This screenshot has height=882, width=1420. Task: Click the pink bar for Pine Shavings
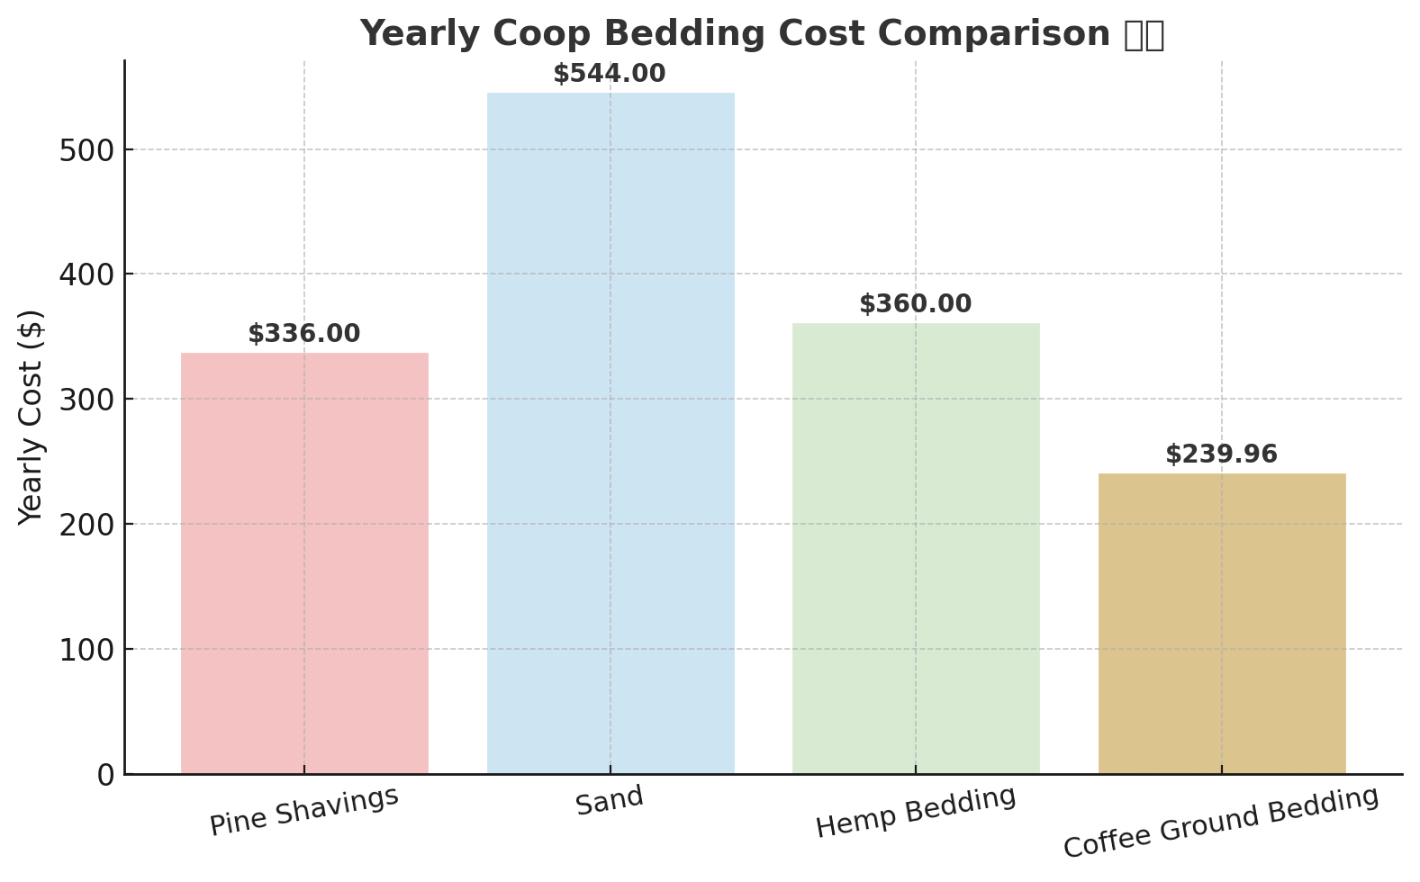[304, 562]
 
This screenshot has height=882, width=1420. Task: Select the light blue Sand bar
[611, 433]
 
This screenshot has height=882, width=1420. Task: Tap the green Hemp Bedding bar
[916, 548]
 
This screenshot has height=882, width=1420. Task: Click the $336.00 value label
[304, 334]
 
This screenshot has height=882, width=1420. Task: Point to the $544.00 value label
[610, 74]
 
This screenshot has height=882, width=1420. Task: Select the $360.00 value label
[916, 304]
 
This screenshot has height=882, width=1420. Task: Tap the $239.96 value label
[1221, 454]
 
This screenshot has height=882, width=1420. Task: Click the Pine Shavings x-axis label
[304, 810]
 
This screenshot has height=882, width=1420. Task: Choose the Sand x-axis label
[610, 800]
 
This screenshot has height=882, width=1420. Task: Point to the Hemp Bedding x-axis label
[916, 812]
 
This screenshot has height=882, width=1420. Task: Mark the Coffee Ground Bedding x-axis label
[1221, 823]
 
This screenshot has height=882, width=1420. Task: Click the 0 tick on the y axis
[105, 775]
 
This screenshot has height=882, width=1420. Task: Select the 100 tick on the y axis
[86, 650]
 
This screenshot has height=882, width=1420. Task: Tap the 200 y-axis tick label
[86, 525]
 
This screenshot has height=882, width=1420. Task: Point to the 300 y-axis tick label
[86, 400]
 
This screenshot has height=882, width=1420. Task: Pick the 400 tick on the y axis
[86, 274]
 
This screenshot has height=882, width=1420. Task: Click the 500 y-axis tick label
[86, 150]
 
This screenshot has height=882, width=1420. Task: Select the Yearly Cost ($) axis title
[32, 417]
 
